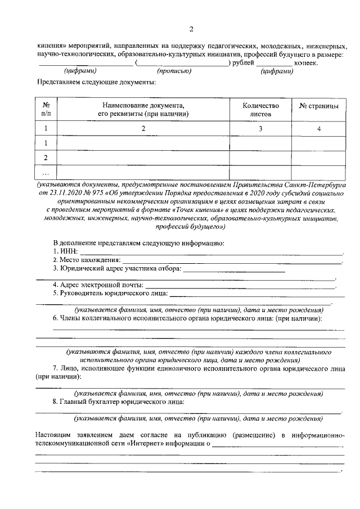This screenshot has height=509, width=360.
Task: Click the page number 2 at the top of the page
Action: click(x=191, y=29)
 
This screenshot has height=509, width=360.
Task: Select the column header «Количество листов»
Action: click(x=260, y=109)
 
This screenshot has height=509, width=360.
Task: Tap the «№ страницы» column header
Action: click(x=318, y=105)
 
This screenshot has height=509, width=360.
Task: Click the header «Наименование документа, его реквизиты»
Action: click(x=143, y=109)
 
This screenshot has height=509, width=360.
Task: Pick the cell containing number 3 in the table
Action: click(x=260, y=129)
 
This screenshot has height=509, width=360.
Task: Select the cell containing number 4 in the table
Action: click(x=318, y=129)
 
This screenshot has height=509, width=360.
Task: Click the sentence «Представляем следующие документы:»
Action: click(x=96, y=82)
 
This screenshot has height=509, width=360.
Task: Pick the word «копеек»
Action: click(x=306, y=63)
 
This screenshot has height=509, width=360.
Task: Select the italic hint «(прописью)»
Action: click(x=174, y=71)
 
